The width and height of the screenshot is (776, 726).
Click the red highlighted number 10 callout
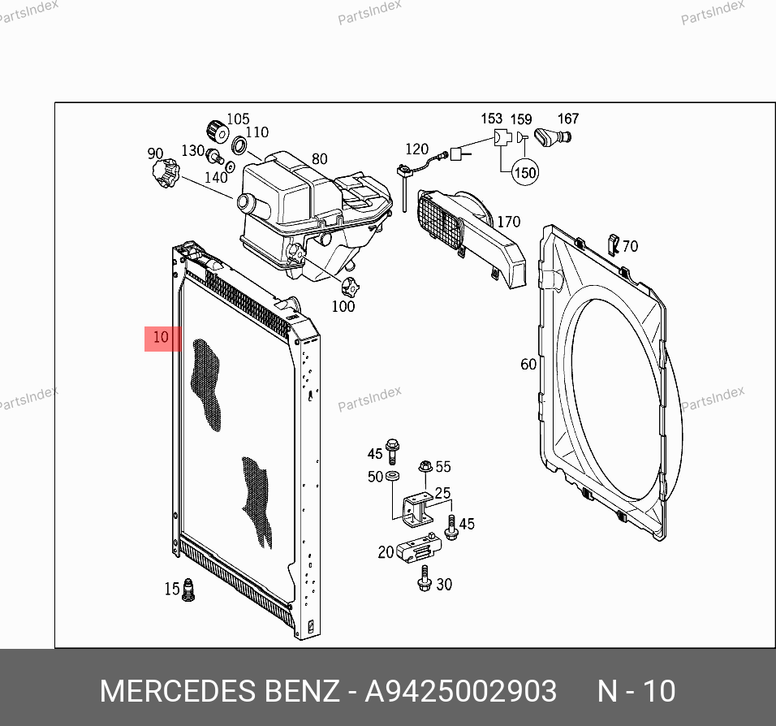point(162,339)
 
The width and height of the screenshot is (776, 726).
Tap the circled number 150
point(524,172)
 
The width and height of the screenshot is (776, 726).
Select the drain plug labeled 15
point(188,590)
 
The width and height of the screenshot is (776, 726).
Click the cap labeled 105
point(218,132)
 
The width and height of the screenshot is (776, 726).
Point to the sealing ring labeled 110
point(239,145)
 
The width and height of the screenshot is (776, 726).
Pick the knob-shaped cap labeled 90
point(166,173)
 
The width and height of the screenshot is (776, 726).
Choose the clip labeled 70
point(614,244)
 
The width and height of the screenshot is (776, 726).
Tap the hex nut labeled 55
point(425,466)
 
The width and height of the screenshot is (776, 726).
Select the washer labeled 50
point(392,476)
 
